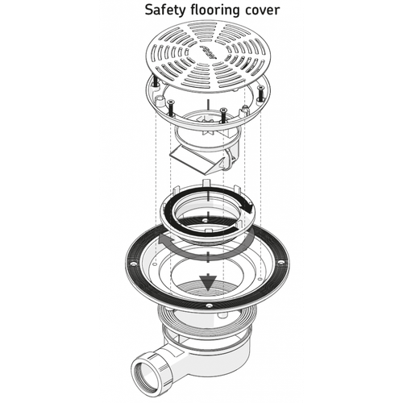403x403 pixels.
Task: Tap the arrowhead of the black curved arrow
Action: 247,207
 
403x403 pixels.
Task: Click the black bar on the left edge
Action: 48,201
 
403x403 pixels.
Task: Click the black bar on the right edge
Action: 354,201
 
